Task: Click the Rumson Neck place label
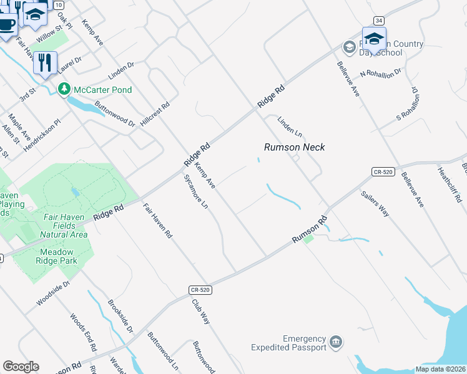tap(295, 147)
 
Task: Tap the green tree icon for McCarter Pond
tap(64, 90)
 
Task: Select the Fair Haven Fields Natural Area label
tap(63, 226)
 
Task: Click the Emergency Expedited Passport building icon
tap(336, 342)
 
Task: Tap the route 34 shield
tap(378, 21)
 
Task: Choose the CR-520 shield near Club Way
tap(198, 290)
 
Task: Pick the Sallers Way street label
tap(375, 203)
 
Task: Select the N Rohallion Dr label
tap(381, 74)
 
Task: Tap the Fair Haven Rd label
tap(157, 221)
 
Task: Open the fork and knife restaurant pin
tap(45, 62)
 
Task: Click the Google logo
tap(21, 367)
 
